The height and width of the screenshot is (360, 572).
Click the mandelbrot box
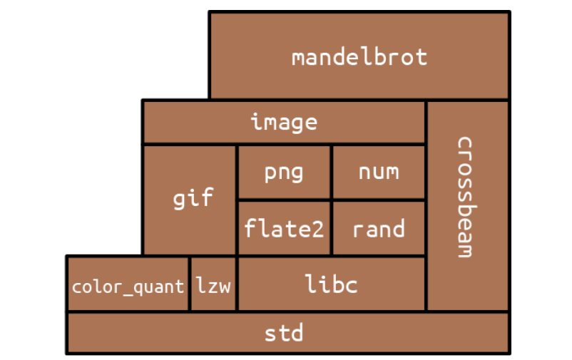pyautogui.click(x=359, y=56)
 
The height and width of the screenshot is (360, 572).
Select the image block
pyautogui.click(x=284, y=122)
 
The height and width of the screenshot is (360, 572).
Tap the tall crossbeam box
pyautogui.click(x=468, y=206)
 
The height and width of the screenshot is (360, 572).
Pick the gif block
pyautogui.click(x=189, y=200)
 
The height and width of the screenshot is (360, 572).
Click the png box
pyautogui.click(x=284, y=173)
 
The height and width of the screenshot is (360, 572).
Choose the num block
pyautogui.click(x=379, y=173)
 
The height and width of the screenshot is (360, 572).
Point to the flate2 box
pyautogui.click(x=284, y=229)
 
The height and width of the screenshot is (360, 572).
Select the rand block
pyautogui.click(x=379, y=229)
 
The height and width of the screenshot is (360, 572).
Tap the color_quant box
pyautogui.click(x=128, y=284)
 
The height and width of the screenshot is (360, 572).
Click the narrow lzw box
pyautogui.click(x=213, y=284)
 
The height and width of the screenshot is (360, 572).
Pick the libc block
pyautogui.click(x=332, y=284)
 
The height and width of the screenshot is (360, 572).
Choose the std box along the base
pyautogui.click(x=288, y=333)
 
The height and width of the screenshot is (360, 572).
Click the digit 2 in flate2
pyautogui.click(x=317, y=230)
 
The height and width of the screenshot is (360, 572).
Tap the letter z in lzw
pyautogui.click(x=213, y=287)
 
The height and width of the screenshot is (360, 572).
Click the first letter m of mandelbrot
pyautogui.click(x=299, y=58)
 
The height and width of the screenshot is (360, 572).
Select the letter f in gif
pyautogui.click(x=207, y=197)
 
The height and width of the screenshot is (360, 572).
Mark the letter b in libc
pyautogui.click(x=332, y=284)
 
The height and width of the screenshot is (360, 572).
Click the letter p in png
pyautogui.click(x=270, y=174)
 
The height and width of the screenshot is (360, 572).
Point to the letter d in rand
pyautogui.click(x=398, y=228)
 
